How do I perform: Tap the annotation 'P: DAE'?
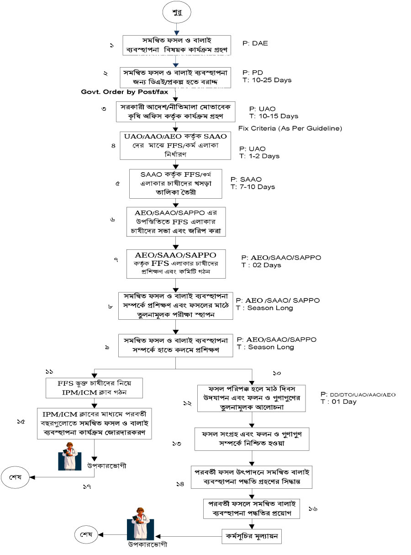coord(255,43)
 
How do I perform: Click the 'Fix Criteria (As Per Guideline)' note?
coord(290,128)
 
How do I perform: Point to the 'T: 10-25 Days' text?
coord(267,80)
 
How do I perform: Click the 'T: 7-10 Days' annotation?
coord(253,187)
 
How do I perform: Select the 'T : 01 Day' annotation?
coord(338,402)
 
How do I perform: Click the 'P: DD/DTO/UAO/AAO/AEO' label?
coord(358,394)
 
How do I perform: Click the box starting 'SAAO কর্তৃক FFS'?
coord(175,184)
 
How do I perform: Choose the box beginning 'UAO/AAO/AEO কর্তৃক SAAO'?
coord(175,145)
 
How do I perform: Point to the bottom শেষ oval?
coord(86,534)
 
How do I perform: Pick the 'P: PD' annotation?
coord(253,72)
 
